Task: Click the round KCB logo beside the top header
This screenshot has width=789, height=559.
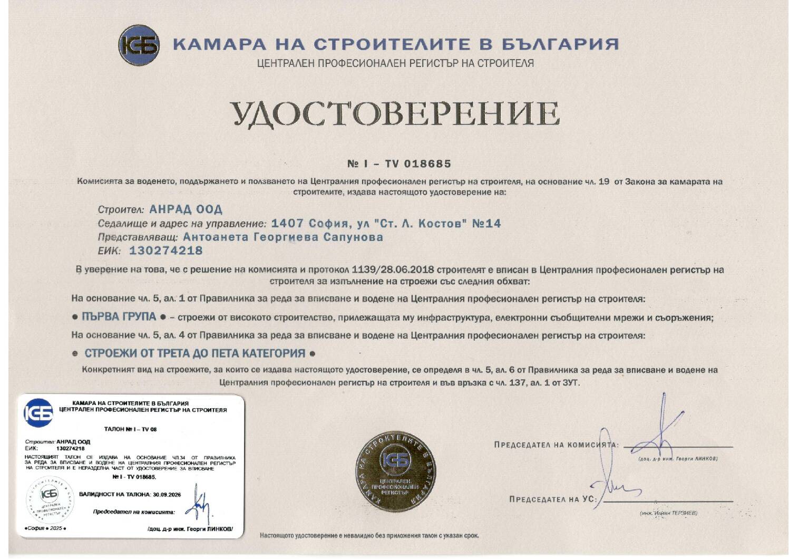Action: click(x=139, y=45)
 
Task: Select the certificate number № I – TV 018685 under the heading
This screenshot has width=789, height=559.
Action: click(x=398, y=164)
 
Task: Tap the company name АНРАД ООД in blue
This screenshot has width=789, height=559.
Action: click(x=186, y=209)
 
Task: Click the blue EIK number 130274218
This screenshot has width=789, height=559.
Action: click(x=165, y=250)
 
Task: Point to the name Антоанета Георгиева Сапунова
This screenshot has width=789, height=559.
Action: click(x=283, y=237)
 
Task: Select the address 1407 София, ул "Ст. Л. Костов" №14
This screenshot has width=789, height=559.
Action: click(x=386, y=224)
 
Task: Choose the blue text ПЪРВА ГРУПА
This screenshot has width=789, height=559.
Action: click(x=119, y=317)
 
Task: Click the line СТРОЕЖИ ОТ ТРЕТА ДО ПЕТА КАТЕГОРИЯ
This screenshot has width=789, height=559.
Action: click(x=195, y=353)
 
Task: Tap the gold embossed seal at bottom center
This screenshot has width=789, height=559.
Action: click(x=394, y=471)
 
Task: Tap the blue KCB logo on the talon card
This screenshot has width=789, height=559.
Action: click(x=38, y=413)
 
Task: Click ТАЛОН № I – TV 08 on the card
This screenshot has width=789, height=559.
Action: click(x=130, y=429)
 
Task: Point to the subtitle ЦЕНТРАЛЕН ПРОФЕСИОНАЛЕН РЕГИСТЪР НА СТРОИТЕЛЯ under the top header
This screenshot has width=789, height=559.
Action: click(x=395, y=64)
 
